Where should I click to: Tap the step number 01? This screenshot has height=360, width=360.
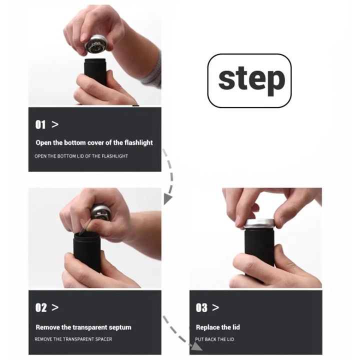pos(40,124)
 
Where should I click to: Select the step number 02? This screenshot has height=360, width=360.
pos(41,307)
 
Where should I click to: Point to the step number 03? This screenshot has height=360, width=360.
pos(201,307)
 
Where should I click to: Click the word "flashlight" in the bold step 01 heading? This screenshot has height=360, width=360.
pos(138,142)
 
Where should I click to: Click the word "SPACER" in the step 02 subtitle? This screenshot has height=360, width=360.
pos(104,339)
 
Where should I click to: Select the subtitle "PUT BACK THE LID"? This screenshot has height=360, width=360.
pos(214,339)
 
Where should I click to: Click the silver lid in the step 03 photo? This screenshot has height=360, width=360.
pos(259,223)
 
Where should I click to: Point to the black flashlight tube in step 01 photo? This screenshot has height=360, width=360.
pos(95,70)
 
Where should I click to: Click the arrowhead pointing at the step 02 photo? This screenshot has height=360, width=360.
pos(167,199)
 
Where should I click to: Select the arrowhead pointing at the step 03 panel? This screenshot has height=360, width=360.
pos(196,346)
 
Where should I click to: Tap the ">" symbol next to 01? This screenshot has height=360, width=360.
pos(55,124)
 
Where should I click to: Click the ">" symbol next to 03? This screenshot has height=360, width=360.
pos(215,307)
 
